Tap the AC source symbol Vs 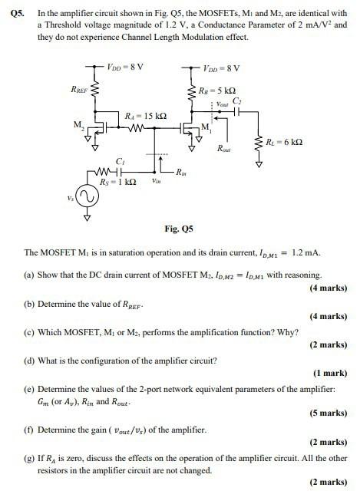click(86, 197)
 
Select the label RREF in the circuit click(79, 90)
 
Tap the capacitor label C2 click(237, 101)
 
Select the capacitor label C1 click(120, 160)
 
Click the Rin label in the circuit click(182, 172)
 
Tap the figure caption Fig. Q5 click(180, 229)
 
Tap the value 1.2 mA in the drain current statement click(308, 252)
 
